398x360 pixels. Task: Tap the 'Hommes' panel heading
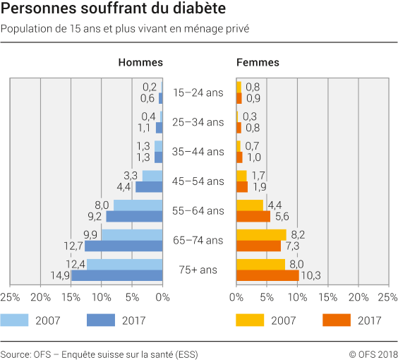pyautogui.click(x=140, y=62)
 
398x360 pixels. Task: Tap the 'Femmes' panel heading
pyautogui.click(x=258, y=62)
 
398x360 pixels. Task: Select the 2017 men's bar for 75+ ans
pyautogui.click(x=117, y=275)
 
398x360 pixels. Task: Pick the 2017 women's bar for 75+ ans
pyautogui.click(x=268, y=275)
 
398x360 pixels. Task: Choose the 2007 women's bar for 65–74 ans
pyautogui.click(x=262, y=234)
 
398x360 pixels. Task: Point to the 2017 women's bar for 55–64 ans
pyautogui.click(x=253, y=217)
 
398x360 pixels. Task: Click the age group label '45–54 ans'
pyautogui.click(x=198, y=181)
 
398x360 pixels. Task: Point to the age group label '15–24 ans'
pyautogui.click(x=198, y=92)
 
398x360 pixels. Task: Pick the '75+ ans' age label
pyautogui.click(x=198, y=270)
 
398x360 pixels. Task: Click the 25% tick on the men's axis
pyautogui.click(x=10, y=297)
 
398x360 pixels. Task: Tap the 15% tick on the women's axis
pyautogui.click(x=328, y=297)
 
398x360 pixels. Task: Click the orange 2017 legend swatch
pyautogui.click(x=337, y=320)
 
